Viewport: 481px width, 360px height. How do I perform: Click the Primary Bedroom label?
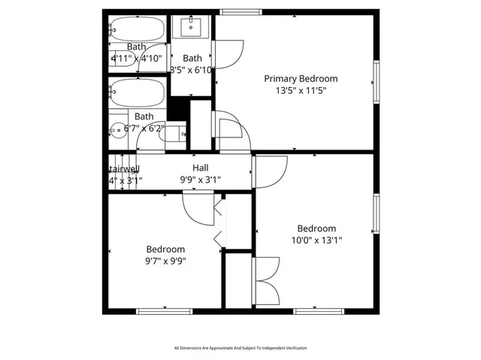(300, 78)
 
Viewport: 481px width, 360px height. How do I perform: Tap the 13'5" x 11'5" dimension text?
(300, 90)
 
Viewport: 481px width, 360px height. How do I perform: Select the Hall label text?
(200, 168)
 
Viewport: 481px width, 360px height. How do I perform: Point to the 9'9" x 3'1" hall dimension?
(200, 180)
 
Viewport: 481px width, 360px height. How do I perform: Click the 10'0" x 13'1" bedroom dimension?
(316, 241)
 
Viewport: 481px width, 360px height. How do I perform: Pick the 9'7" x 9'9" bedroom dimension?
(165, 261)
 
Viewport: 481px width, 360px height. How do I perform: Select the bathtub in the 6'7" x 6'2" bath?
(136, 94)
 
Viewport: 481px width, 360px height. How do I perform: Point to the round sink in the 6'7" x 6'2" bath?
(117, 130)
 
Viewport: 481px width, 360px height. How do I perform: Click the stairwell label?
(123, 168)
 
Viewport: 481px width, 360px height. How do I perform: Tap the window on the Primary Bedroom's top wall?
(240, 11)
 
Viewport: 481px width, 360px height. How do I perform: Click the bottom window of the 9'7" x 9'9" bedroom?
(159, 310)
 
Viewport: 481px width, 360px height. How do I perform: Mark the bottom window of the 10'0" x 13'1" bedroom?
(318, 310)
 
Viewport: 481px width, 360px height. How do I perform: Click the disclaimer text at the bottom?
(240, 348)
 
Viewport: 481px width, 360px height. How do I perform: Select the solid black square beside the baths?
(177, 108)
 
